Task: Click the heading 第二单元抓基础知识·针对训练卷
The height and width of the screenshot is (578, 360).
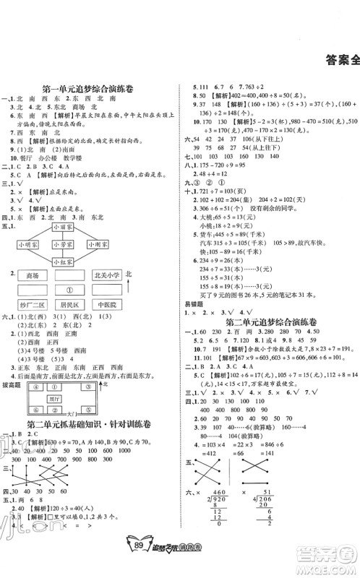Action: pos(96,444)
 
